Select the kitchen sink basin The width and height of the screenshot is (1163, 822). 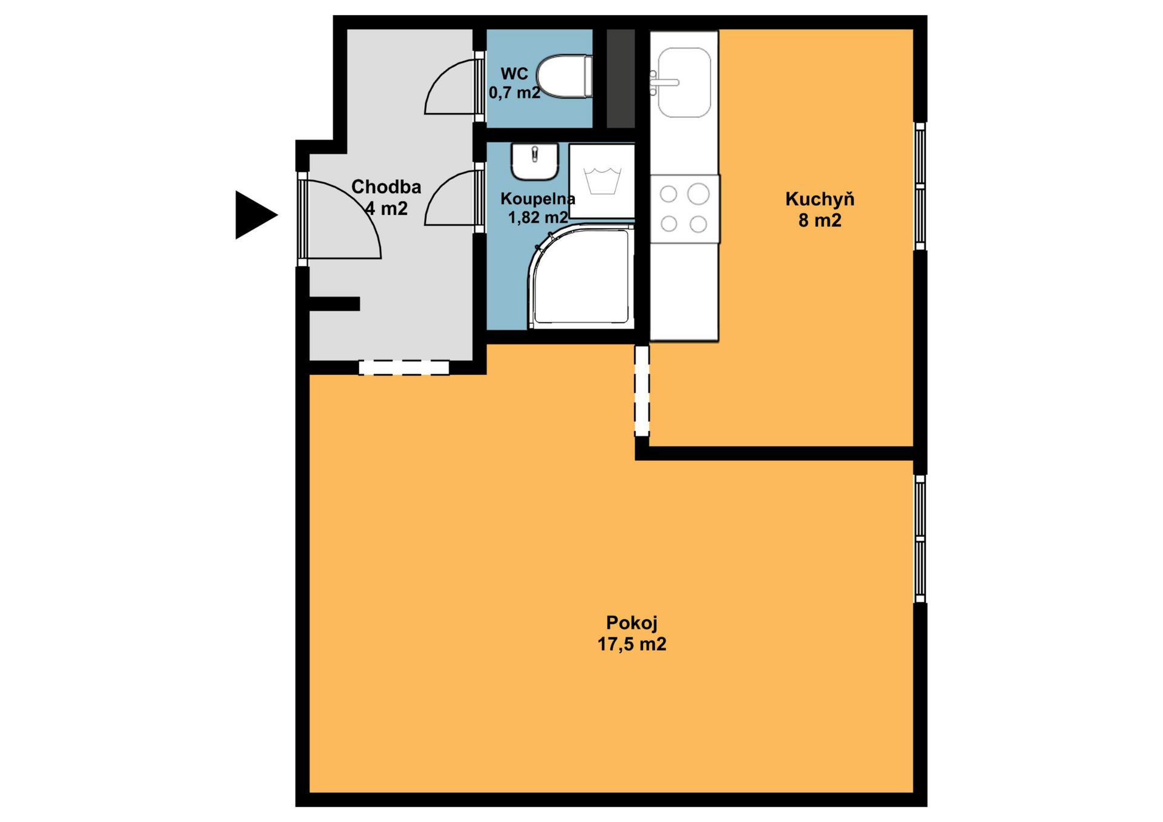point(684,82)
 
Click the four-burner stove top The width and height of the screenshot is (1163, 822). point(684,209)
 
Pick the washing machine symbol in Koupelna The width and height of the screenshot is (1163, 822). point(602,181)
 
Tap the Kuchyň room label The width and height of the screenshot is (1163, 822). point(820,199)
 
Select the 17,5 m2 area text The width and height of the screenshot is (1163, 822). point(632,644)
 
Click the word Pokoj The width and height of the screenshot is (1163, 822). point(632,622)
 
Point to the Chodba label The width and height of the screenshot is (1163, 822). point(386,186)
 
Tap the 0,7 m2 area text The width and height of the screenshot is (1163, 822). point(514,93)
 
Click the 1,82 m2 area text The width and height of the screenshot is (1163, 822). point(538,217)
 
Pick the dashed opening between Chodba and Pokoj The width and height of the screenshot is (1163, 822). point(404,367)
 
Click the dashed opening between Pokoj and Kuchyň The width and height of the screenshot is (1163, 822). point(642,390)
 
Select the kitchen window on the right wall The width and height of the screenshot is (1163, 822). point(920,186)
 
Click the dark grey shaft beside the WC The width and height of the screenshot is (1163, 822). point(621,79)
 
